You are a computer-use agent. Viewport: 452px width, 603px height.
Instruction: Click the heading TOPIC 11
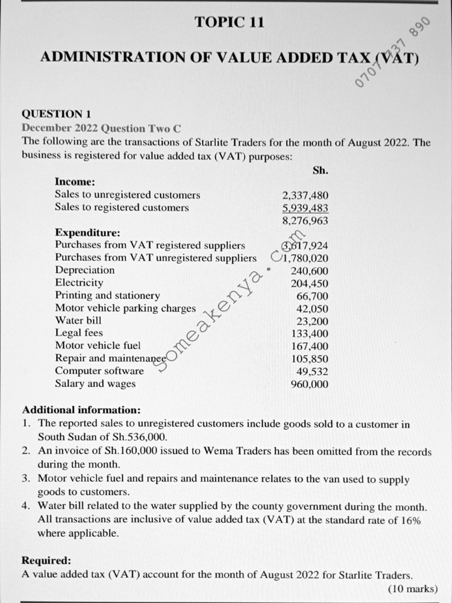point(230,23)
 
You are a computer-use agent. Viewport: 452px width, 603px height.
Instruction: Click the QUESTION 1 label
point(56,114)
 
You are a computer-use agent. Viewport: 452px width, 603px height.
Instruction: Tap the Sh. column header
point(321,170)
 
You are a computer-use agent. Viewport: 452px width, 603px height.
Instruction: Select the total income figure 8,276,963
point(305,221)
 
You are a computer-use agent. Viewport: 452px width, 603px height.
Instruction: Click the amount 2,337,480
point(305,195)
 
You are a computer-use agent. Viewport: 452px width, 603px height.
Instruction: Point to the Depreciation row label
point(85,270)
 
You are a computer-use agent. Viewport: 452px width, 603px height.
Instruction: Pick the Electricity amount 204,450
point(310,283)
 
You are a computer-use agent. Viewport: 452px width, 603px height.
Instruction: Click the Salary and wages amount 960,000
point(310,385)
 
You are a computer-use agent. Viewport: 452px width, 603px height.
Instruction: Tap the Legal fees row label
point(79,333)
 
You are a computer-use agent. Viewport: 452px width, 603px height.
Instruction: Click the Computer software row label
point(99,371)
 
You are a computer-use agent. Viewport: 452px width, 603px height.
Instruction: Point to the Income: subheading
point(75,182)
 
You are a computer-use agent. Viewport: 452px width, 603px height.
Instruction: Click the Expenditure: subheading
point(87,233)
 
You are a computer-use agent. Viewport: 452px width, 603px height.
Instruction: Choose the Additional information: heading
point(81,410)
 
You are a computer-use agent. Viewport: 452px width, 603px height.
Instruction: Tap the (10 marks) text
point(413,588)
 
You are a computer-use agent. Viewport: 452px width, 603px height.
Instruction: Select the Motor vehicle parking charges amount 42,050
point(313,309)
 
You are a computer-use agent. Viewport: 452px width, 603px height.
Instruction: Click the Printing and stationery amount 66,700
point(313,296)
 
